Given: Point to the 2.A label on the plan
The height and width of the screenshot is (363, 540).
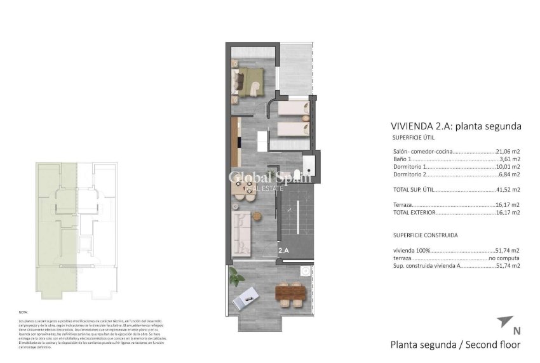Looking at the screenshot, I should coord(283,251).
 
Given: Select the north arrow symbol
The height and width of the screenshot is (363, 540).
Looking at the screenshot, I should coord(506,320).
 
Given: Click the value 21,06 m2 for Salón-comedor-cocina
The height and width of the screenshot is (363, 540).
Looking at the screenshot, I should coord(508,152).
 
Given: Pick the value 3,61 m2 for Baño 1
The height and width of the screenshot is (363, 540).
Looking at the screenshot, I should coord(510,159).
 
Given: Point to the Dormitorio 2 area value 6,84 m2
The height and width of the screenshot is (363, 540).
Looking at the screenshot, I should coord(510,175).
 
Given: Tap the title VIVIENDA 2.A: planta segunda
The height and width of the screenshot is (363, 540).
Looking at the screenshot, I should coord(456,126).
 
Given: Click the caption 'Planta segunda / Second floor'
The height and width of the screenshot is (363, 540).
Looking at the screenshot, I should coord(455,345).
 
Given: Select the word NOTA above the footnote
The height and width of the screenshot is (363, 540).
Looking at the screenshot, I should coord(24,313).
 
